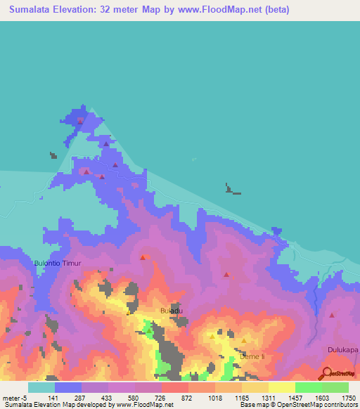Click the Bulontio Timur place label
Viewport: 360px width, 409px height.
point(58,263)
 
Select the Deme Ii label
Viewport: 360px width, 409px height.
point(251,357)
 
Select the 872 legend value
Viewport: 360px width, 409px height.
point(186,398)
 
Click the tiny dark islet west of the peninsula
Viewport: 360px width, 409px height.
point(53,155)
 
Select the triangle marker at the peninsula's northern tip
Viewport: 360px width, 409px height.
point(80,121)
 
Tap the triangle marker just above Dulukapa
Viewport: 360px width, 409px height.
point(332,316)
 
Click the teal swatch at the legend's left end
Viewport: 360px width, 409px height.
point(41,387)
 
